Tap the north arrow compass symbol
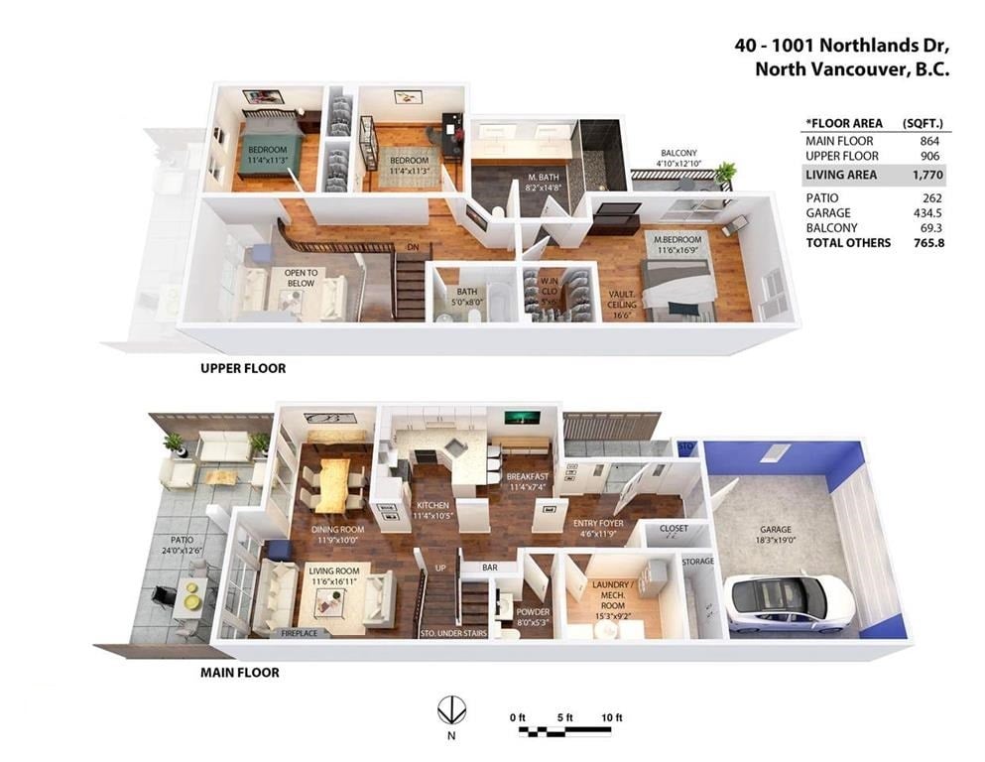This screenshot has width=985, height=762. pyautogui.click(x=451, y=711)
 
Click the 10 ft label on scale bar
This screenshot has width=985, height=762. pyautogui.click(x=611, y=717)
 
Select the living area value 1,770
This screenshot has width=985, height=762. pyautogui.click(x=927, y=175)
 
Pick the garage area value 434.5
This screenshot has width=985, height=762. pyautogui.click(x=927, y=213)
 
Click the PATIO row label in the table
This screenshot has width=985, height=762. pyautogui.click(x=821, y=197)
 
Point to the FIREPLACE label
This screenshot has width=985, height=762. pyautogui.click(x=299, y=633)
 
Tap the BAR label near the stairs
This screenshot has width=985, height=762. pyautogui.click(x=490, y=568)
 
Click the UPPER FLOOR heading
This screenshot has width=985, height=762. pyautogui.click(x=243, y=368)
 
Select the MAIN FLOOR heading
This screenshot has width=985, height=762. pyautogui.click(x=239, y=672)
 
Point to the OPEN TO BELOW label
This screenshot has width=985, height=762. pyautogui.click(x=301, y=278)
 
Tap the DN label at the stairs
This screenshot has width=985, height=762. pyautogui.click(x=413, y=247)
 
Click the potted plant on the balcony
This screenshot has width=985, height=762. pyautogui.click(x=725, y=172)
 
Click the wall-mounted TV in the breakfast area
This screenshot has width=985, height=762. pyautogui.click(x=523, y=417)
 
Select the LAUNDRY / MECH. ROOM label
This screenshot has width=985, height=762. pyautogui.click(x=612, y=595)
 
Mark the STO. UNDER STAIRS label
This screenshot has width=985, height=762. pyautogui.click(x=453, y=633)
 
